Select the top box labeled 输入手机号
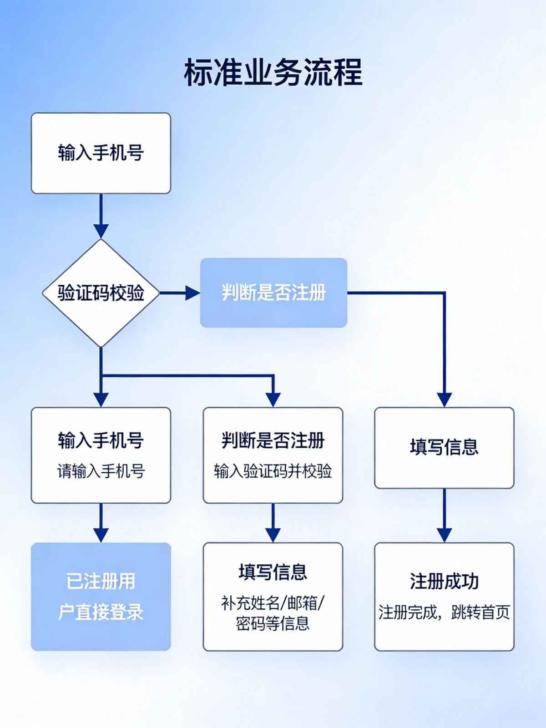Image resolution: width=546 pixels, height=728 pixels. click(101, 153)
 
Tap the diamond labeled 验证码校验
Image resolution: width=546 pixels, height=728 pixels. click(101, 293)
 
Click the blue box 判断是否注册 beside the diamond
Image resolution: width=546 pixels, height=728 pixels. click(273, 293)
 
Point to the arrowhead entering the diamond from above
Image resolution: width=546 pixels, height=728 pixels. click(101, 231)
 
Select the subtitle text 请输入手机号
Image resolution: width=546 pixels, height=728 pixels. click(101, 471)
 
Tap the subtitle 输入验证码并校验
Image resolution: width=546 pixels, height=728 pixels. click(273, 471)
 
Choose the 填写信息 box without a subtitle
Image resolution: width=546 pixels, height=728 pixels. click(444, 448)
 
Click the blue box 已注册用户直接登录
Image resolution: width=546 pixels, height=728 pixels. click(101, 597)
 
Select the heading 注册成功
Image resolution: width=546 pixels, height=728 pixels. click(444, 581)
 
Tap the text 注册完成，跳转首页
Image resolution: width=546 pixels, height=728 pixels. click(444, 612)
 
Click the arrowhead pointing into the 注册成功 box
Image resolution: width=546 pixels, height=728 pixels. click(444, 535)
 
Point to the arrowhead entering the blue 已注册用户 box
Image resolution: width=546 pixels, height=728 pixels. click(101, 535)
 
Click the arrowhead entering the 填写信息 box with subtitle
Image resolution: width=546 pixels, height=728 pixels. click(273, 535)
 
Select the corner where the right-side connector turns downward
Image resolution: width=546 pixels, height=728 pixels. click(444, 293)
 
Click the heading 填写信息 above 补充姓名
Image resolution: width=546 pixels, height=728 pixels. click(273, 572)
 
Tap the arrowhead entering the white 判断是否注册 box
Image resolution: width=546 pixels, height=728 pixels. click(273, 399)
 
